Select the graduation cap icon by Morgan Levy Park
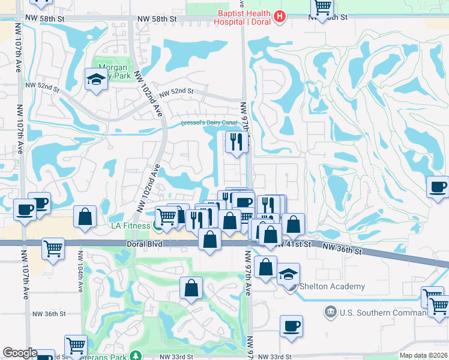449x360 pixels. coord(95,79)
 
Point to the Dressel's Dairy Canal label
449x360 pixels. coord(209,124)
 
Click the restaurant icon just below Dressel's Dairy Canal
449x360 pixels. coord(236,142)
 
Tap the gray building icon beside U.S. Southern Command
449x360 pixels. coord(330,312)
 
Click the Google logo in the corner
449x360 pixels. coord(20,353)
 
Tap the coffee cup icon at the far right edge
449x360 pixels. coord(438,187)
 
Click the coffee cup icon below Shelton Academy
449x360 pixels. coord(291,326)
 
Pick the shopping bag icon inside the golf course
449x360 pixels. coord(191,287)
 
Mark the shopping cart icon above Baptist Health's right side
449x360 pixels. coord(322,7)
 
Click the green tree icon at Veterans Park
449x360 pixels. coord(136,356)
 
